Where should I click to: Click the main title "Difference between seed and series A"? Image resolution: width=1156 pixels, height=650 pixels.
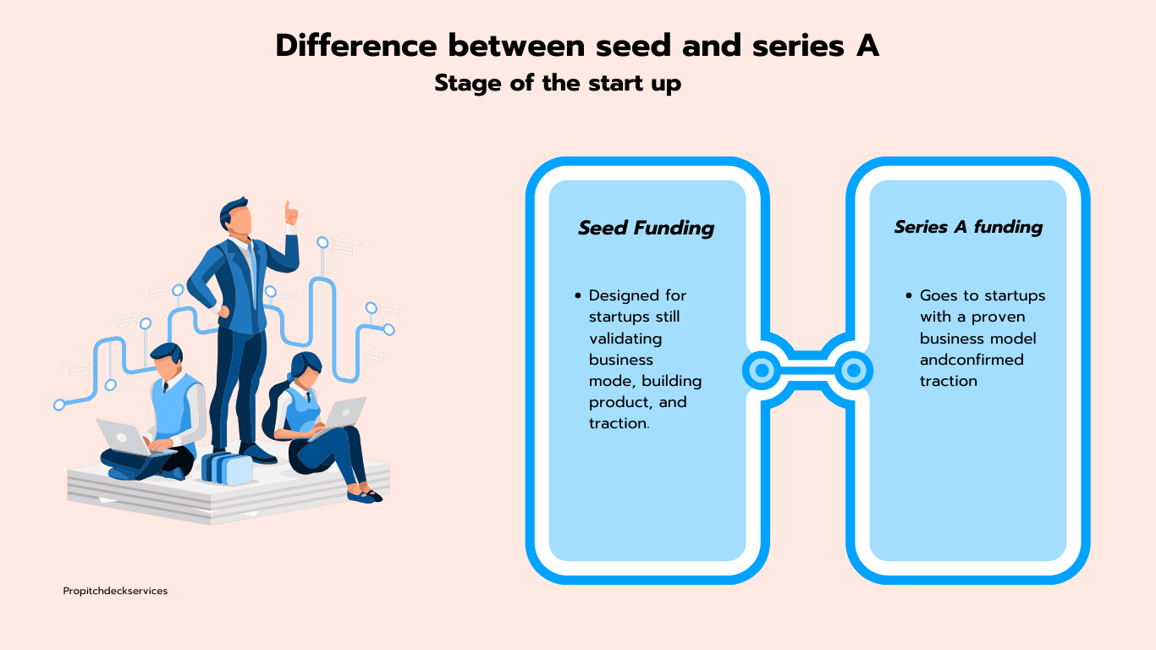[x=577, y=46]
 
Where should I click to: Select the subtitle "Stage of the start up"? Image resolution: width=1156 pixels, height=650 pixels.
[x=558, y=84]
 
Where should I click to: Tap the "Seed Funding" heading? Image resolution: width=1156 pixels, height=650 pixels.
[x=646, y=228]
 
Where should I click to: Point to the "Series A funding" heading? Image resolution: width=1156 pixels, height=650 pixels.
[x=968, y=227]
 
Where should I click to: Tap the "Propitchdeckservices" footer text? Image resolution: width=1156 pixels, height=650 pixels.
[x=115, y=591]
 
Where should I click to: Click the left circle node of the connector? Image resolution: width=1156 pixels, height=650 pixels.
[x=762, y=370]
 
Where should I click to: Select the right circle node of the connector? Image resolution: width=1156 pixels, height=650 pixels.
[x=854, y=370]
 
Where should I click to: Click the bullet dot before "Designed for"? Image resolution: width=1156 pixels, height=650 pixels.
[x=578, y=295]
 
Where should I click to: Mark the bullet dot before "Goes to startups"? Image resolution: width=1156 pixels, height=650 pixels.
[x=909, y=295]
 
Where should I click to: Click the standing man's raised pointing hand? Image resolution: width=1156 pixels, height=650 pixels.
[x=290, y=212]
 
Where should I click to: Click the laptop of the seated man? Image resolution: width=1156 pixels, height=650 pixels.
[x=123, y=437]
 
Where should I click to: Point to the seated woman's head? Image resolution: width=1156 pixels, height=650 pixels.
[x=306, y=367]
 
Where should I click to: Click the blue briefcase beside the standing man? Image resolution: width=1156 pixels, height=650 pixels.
[x=227, y=468]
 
